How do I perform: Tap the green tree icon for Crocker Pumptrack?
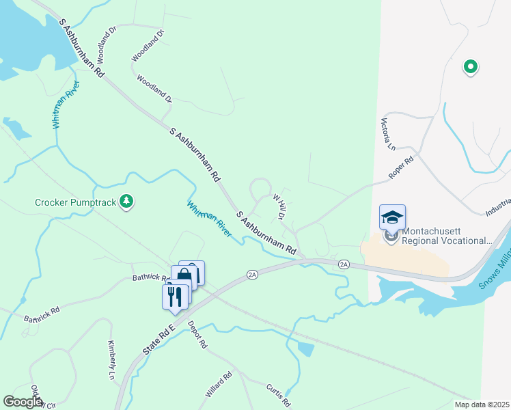[126, 202]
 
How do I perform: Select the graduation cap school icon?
[392, 217]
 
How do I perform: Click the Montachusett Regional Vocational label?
[447, 236]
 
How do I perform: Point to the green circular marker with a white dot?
[470, 66]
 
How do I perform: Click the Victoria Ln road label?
[387, 134]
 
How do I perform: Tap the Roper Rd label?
[401, 169]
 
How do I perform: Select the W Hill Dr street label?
[279, 206]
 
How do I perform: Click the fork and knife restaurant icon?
[175, 296]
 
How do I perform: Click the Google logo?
[22, 402]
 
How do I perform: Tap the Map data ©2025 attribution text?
[482, 405]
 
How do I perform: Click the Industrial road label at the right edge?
[498, 208]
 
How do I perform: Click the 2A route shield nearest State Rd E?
[253, 275]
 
